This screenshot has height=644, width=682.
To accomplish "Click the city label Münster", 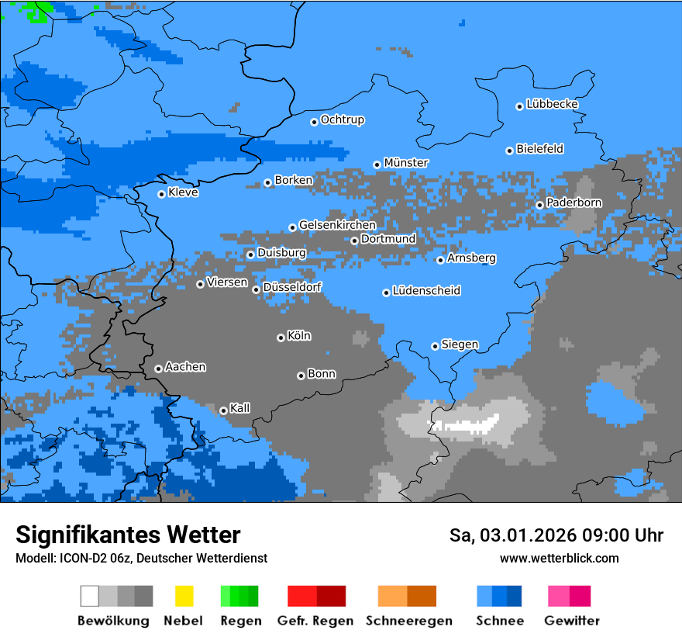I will coord(405,163).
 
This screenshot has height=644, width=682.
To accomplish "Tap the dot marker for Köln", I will coord(281,338).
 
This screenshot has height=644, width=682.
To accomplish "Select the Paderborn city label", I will coord(573,203).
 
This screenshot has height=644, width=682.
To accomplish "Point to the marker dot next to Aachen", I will coord(158,369).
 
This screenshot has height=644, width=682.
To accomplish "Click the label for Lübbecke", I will coord(552,104).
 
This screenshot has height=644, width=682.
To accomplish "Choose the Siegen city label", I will coord(460,345).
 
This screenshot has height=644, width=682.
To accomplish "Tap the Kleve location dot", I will coord(161,194).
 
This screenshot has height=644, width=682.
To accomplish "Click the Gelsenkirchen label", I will coord(337,225).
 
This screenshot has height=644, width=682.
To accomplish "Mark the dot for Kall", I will coord(223,410).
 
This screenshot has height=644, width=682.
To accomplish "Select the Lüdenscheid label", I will coord(426,291).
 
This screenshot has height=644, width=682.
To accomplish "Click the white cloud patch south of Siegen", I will coord(465,425).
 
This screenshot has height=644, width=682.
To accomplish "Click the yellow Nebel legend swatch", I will coord(184,596).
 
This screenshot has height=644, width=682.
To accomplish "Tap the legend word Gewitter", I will coord(571,621).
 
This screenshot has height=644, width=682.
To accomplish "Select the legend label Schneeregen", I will coord(408,621).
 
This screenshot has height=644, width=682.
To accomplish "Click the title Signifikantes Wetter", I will coord(128,535).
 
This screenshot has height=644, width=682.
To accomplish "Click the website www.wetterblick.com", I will coord(559,559).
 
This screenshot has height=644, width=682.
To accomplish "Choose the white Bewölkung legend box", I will coord(89,596).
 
